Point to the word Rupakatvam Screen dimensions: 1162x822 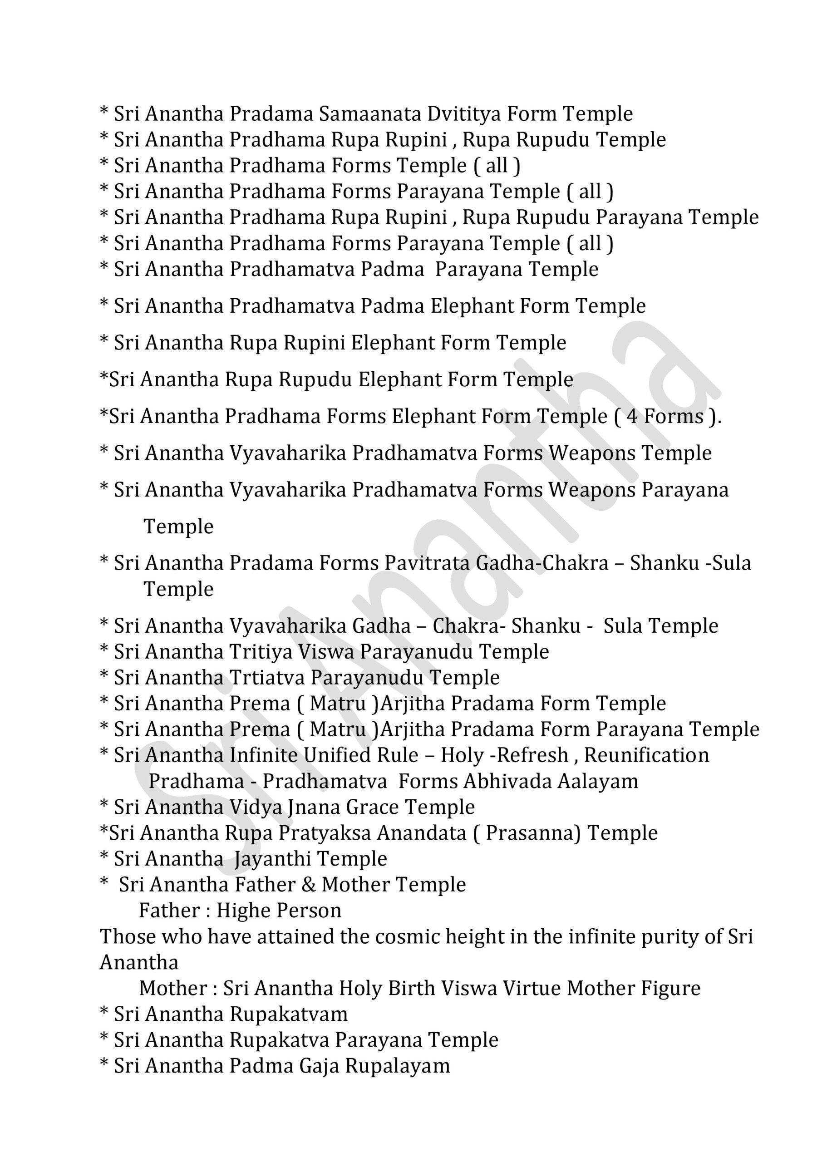tap(289, 1014)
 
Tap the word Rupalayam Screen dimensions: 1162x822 tap(397, 1066)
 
